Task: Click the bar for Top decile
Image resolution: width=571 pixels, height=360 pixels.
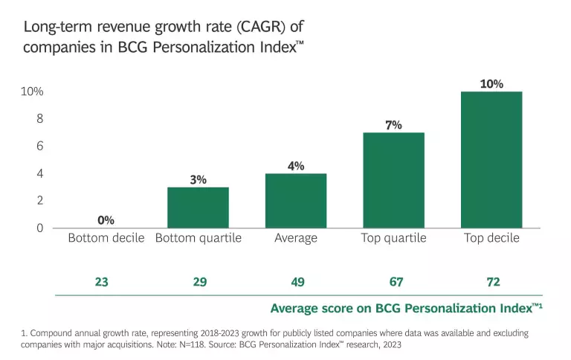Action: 491,159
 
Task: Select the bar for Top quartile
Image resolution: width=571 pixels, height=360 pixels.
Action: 393,180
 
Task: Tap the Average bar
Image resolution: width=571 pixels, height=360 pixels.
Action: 296,200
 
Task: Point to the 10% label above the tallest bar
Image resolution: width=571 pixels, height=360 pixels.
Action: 491,84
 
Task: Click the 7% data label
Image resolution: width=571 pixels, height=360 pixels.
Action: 393,125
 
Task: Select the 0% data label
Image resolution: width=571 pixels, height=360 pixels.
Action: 106,220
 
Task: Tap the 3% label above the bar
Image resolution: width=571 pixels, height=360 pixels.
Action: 198,179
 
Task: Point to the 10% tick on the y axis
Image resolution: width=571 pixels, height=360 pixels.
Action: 33,91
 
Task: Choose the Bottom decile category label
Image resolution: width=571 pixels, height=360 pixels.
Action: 106,238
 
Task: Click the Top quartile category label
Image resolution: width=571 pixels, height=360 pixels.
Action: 393,238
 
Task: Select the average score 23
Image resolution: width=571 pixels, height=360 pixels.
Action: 101,282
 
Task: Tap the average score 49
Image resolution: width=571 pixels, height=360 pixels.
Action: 296,282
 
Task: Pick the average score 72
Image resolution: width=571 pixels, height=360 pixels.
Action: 491,282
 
